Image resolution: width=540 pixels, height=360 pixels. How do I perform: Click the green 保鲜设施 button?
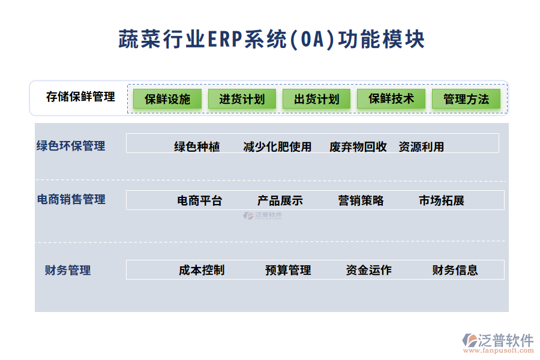(x=167, y=99)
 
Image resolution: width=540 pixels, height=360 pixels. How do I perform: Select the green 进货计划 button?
(x=242, y=99)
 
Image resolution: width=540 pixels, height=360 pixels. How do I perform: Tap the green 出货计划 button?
(x=317, y=99)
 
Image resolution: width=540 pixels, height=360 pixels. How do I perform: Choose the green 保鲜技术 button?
(x=391, y=99)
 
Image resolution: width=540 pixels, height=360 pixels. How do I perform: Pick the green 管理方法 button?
(x=466, y=99)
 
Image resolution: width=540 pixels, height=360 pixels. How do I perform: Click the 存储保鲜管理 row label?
(x=80, y=97)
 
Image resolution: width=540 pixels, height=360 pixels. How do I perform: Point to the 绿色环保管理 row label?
(x=71, y=146)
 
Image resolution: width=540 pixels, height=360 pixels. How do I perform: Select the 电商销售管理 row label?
(x=71, y=199)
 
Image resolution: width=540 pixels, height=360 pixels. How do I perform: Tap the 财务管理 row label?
(x=68, y=270)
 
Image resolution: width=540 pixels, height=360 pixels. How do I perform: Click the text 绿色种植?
(x=197, y=147)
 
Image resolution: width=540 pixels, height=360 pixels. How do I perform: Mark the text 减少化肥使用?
(x=277, y=147)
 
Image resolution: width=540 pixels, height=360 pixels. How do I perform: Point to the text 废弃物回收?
(x=358, y=147)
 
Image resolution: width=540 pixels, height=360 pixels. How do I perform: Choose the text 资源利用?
(x=421, y=147)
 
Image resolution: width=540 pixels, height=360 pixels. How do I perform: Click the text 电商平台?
(x=199, y=201)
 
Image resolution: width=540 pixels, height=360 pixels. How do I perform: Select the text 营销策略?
(x=361, y=201)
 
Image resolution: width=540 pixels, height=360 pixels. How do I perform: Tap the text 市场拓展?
(x=441, y=201)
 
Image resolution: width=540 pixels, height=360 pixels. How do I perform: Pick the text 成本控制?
(x=202, y=270)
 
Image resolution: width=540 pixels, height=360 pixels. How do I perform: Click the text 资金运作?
(x=368, y=270)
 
